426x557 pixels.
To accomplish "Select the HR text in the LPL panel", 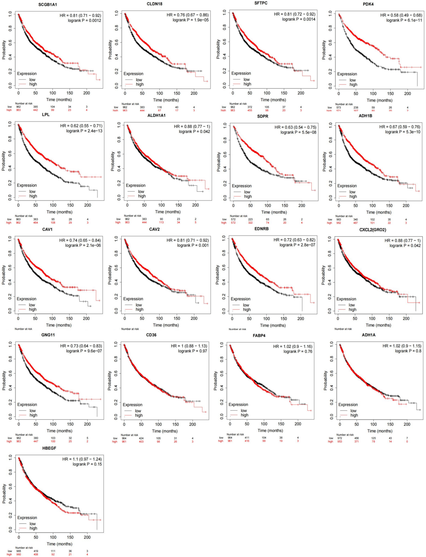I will pos(81,126).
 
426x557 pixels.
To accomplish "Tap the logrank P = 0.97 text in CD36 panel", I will pos(192,351).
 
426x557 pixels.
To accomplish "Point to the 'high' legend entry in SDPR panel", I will pos(248,196).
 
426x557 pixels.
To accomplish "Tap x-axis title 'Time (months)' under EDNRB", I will pos(273,325).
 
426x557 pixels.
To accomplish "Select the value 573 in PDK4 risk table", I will pos(338,108).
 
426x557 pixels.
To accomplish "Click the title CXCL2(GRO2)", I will pos(372,230).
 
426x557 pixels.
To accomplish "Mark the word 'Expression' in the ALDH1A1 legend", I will pos(136,186).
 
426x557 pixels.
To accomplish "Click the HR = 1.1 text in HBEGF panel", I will pos(82,459).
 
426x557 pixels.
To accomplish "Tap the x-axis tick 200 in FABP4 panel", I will pos(298,424).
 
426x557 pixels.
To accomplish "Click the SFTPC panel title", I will pos(261,3).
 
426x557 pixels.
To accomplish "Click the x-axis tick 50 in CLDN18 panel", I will pos(142,93).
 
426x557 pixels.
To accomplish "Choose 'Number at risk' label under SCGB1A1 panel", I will pos(24,103).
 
